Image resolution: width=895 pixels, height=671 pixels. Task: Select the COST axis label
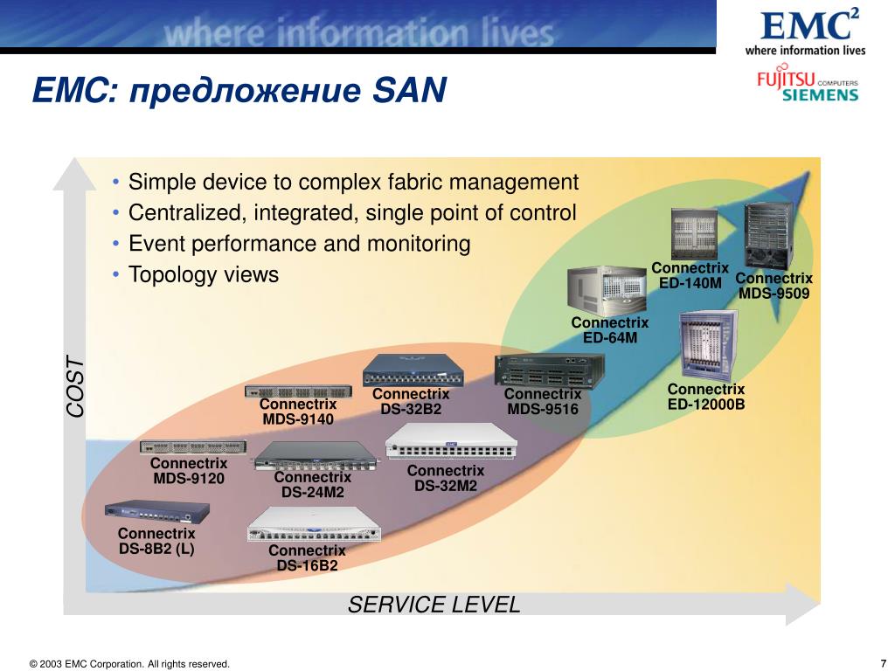pyautogui.click(x=75, y=385)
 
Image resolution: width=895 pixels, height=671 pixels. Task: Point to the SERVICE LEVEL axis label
pyautogui.click(x=434, y=604)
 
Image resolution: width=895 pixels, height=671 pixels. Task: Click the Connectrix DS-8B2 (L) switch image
pyautogui.click(x=156, y=511)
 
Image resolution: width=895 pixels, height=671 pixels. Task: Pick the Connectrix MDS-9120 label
pyautogui.click(x=189, y=471)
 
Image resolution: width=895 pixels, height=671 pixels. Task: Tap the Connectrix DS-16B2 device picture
pyautogui.click(x=315, y=523)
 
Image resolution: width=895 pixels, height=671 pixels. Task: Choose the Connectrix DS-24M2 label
pyautogui.click(x=312, y=485)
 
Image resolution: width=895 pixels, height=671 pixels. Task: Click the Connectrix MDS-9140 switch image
pyautogui.click(x=298, y=391)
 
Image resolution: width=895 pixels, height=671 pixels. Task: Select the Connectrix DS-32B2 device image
pyautogui.click(x=413, y=370)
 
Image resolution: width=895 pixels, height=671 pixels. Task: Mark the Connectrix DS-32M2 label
pyautogui.click(x=446, y=478)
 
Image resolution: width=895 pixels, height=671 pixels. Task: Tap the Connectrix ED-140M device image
pyautogui.click(x=694, y=232)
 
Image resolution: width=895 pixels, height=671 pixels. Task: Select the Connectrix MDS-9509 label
pyautogui.click(x=774, y=286)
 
